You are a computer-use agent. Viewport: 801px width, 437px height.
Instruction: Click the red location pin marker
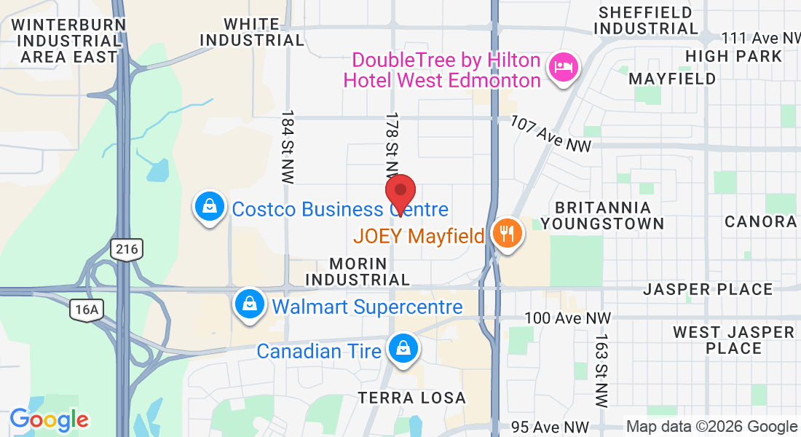click(x=400, y=193)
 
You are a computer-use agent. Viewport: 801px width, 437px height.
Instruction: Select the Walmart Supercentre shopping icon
click(x=250, y=304)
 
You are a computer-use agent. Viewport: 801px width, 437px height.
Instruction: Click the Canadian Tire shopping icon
click(x=401, y=348)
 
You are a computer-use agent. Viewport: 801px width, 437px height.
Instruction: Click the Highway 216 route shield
click(x=127, y=250)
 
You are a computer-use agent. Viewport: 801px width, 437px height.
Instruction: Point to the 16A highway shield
click(x=86, y=310)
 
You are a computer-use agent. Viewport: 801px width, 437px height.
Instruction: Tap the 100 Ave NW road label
click(x=568, y=318)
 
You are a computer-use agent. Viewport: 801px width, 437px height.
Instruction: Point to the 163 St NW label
click(x=601, y=370)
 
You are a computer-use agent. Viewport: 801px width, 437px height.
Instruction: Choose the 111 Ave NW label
click(x=760, y=39)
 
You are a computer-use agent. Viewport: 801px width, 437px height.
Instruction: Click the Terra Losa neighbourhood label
click(x=411, y=398)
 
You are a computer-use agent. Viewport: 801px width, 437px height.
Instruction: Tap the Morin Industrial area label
click(x=358, y=271)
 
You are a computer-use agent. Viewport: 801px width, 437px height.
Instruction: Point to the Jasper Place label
click(x=708, y=290)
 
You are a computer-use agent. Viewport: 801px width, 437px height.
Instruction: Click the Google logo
click(x=49, y=420)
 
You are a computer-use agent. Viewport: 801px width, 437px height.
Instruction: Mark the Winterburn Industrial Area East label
click(x=68, y=40)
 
